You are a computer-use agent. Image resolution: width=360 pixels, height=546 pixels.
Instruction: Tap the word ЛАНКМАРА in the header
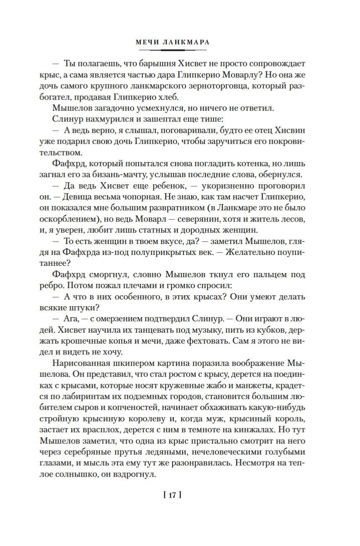click(x=187, y=42)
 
